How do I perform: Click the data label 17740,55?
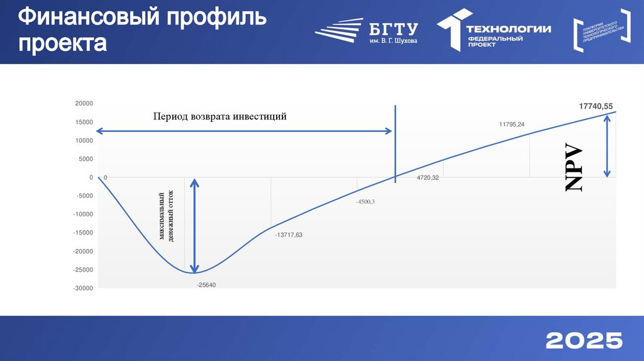(x=596, y=107)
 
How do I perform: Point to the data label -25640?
(x=206, y=285)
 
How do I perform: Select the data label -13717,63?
(x=289, y=235)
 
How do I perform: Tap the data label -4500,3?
(x=365, y=201)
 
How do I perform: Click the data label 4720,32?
(x=428, y=179)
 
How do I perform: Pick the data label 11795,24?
(x=512, y=125)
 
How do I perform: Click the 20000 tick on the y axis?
(x=84, y=104)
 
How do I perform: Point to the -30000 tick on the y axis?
(x=82, y=288)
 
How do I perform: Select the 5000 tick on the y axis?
(x=86, y=159)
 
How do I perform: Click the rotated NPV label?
(x=574, y=169)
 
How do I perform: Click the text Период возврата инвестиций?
(x=220, y=116)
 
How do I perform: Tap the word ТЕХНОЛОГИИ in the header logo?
(x=508, y=29)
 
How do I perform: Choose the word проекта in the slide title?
(x=62, y=44)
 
